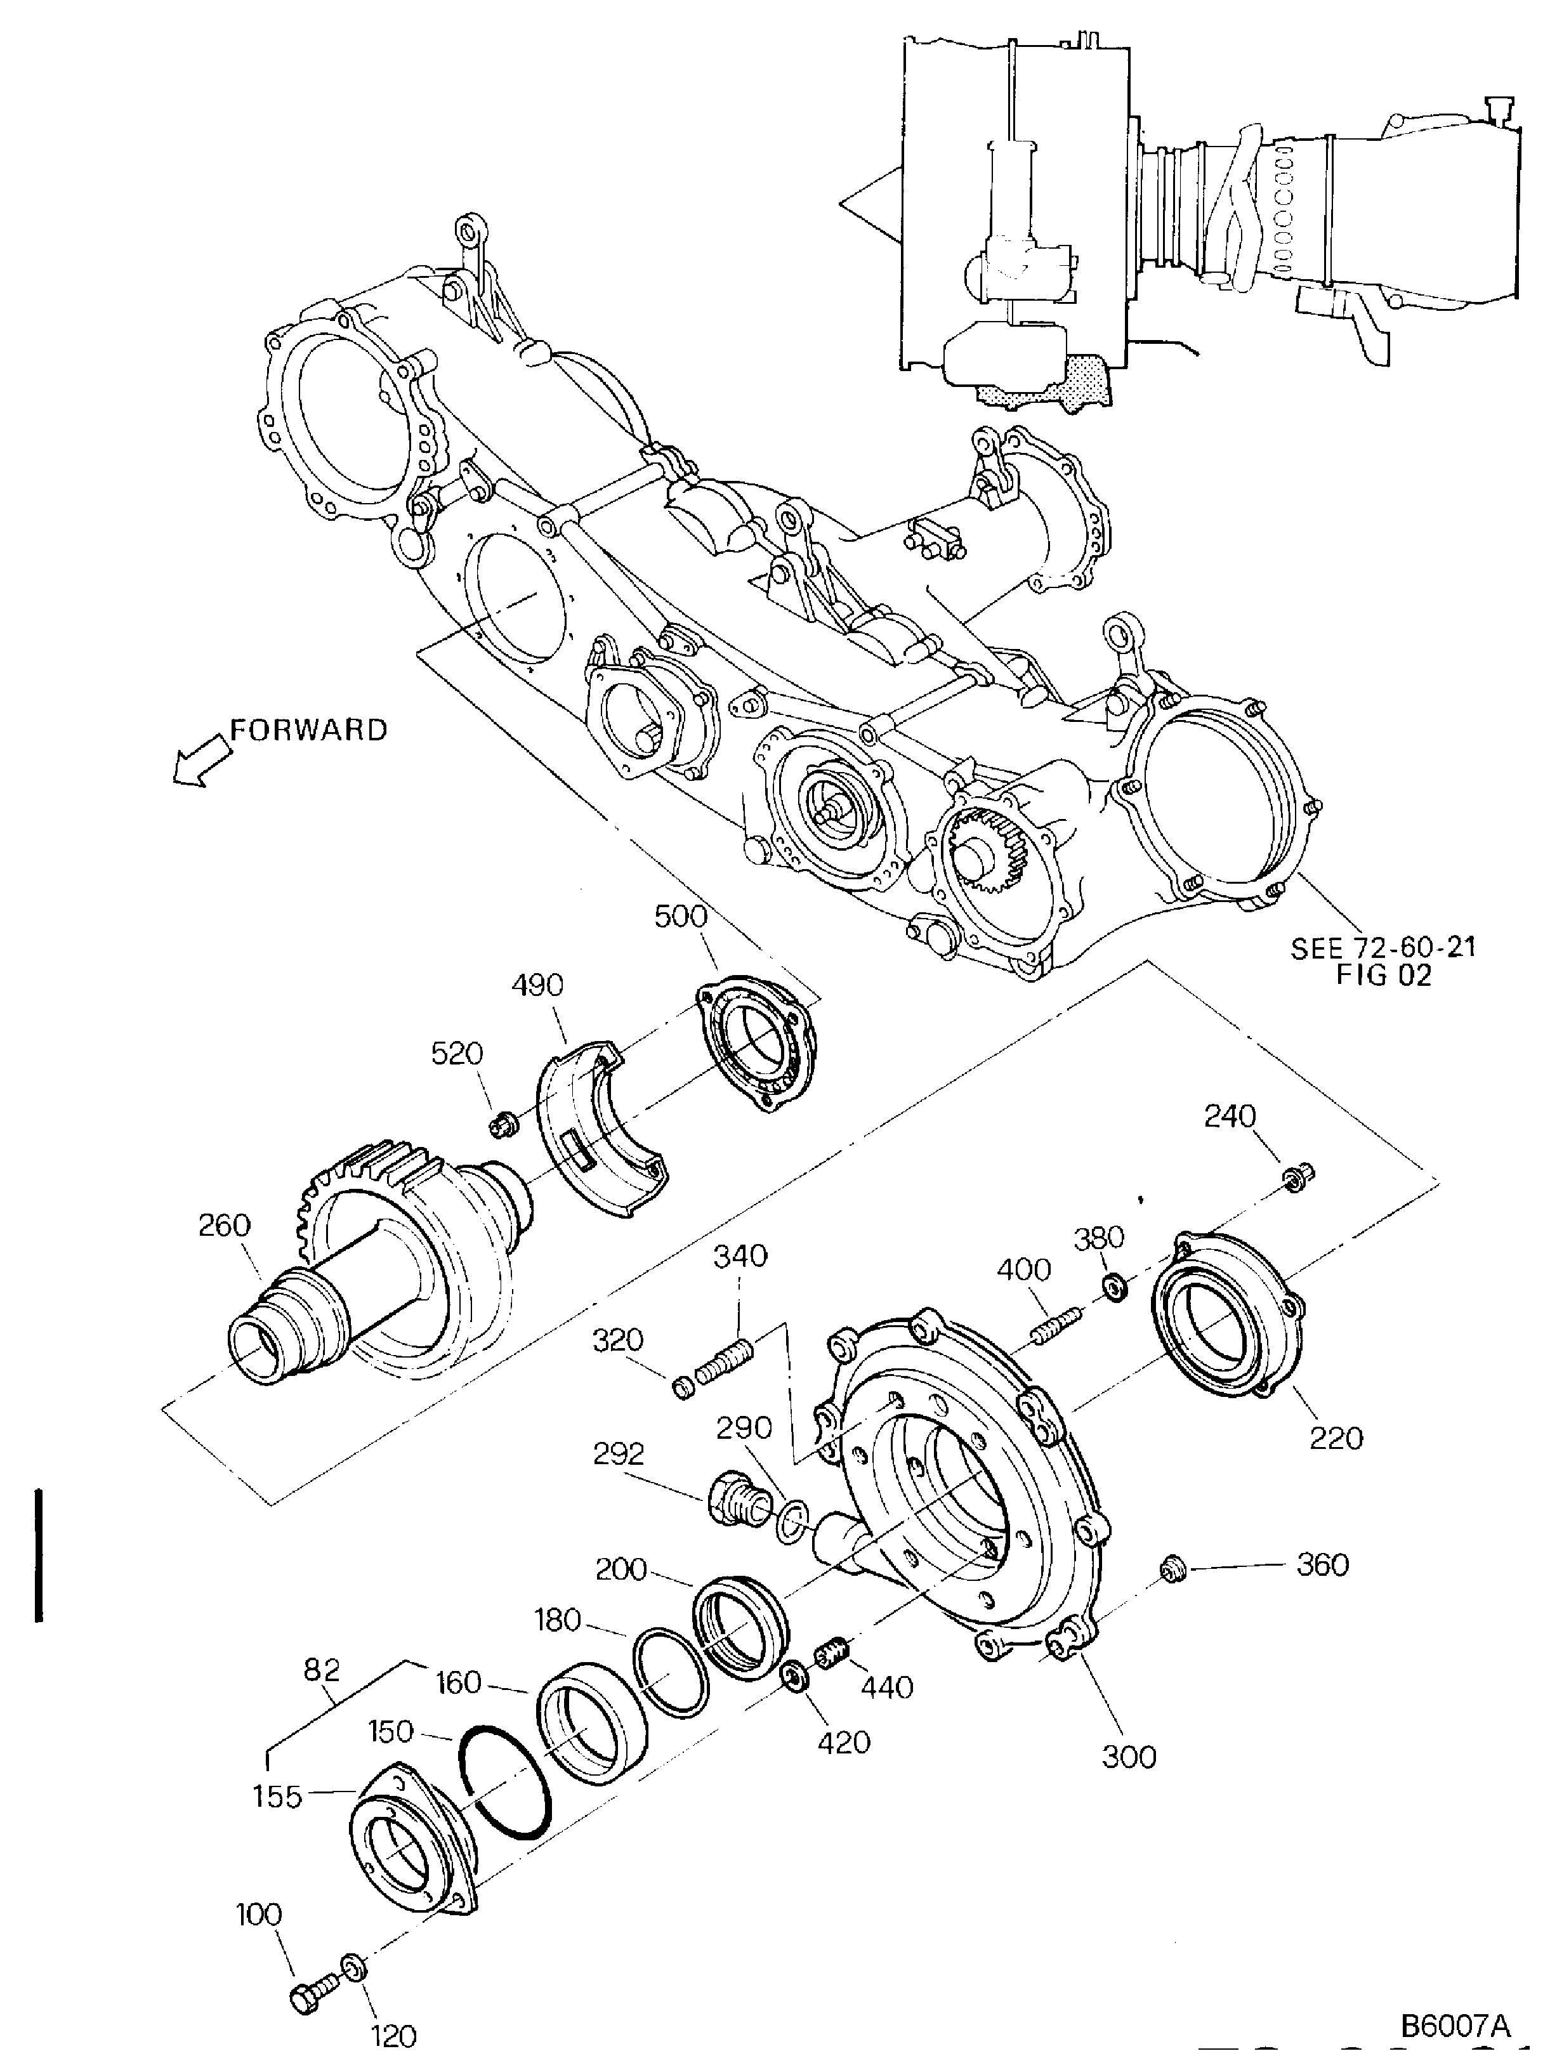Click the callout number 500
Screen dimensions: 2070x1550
(681, 915)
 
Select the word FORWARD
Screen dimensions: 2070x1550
(309, 730)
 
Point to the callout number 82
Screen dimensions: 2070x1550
(320, 1668)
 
